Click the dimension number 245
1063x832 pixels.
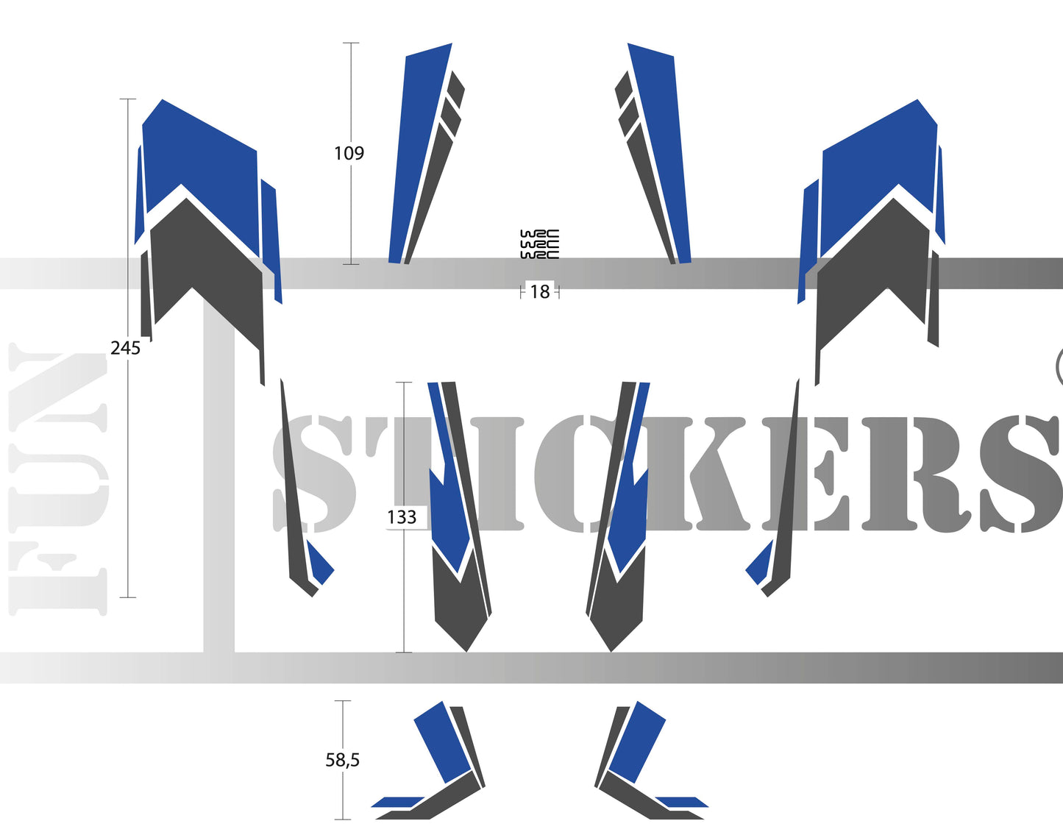point(125,348)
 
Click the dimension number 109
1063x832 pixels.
point(349,153)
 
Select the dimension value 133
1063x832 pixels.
point(402,517)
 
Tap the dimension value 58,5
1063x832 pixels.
point(342,760)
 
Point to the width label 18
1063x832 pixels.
point(540,292)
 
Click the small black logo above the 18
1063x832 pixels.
point(539,244)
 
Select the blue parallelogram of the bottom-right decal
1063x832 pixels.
point(637,739)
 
